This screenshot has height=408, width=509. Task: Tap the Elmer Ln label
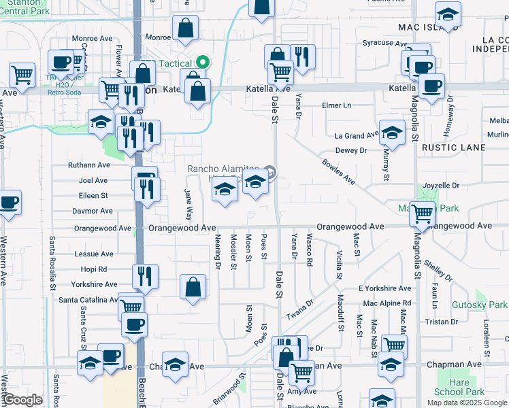point(336,105)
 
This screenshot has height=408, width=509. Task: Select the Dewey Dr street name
point(351,150)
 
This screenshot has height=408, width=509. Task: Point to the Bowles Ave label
point(338,171)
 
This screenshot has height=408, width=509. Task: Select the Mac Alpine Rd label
point(387,303)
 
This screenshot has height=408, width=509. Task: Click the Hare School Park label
point(459,387)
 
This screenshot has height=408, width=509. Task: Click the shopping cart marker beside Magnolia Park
point(422,214)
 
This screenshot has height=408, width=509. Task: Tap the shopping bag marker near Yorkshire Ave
point(193,286)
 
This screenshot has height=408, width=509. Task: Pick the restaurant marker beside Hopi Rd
point(144,275)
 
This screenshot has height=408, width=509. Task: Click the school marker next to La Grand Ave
point(392,133)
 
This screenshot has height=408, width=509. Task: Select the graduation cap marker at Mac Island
point(448,14)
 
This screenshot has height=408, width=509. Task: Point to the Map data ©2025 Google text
point(466,403)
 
